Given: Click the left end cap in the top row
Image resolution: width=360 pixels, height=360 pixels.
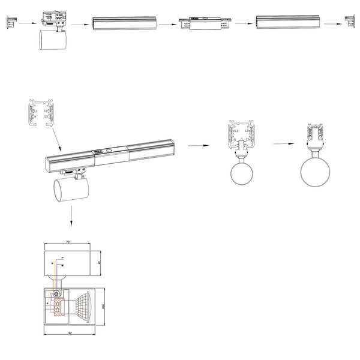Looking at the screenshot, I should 10,23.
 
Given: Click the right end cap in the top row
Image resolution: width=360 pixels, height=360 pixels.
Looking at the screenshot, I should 350,23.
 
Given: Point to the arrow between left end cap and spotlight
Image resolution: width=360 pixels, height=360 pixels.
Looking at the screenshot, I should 25,23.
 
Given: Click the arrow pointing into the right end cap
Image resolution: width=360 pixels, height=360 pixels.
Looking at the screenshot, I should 333,24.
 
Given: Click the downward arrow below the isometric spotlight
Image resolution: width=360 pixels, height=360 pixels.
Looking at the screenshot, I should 71,216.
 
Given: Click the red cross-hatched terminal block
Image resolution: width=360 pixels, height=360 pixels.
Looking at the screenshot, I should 59,307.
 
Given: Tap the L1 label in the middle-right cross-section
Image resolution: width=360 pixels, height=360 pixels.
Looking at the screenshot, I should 236,131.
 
